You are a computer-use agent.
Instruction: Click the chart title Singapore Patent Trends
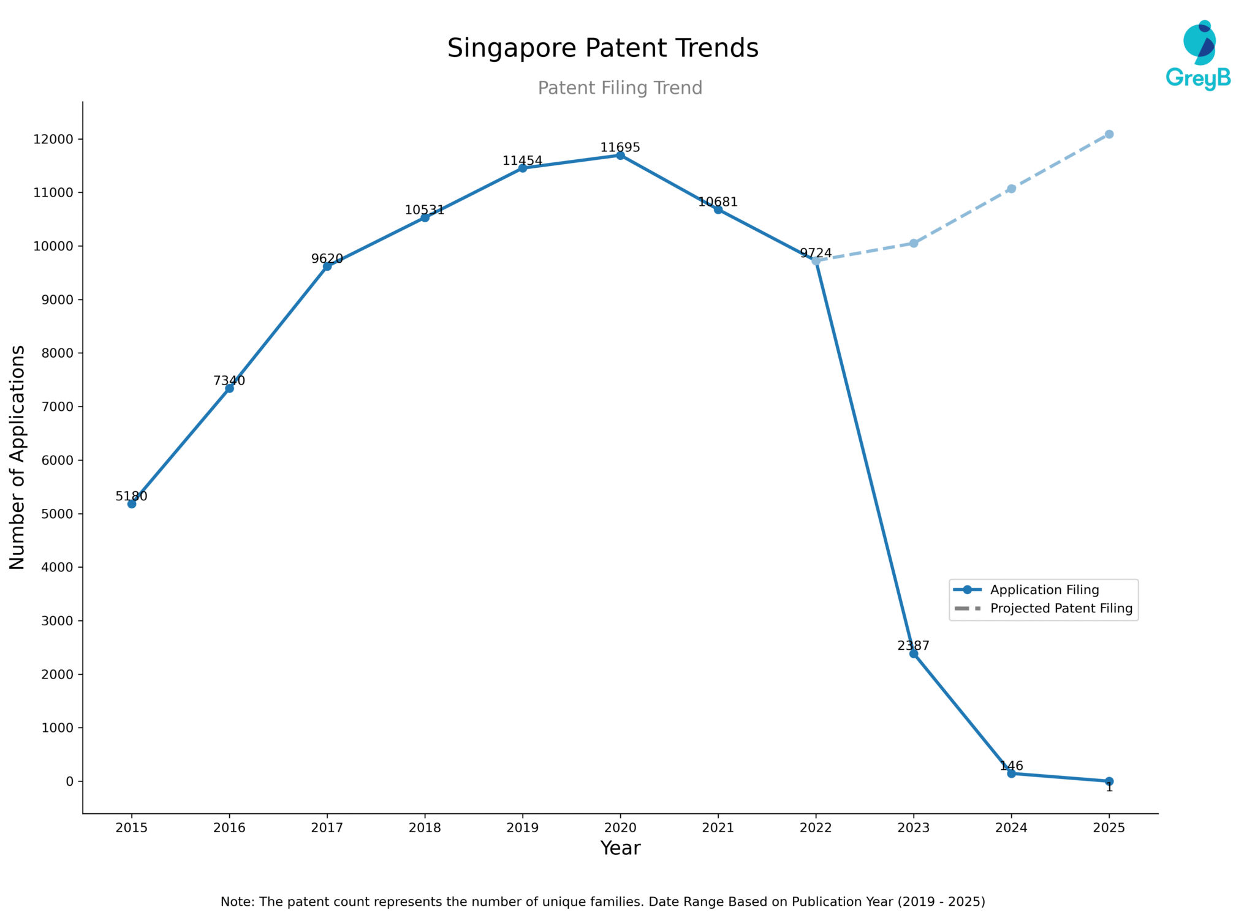click(x=602, y=48)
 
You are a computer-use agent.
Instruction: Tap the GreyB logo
click(x=1198, y=55)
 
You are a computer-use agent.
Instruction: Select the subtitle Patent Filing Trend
click(x=620, y=88)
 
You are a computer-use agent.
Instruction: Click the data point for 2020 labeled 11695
click(x=620, y=156)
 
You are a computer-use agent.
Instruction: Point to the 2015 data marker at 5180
click(x=132, y=503)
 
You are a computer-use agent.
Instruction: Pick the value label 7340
click(x=229, y=381)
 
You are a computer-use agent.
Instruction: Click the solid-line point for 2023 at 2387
click(x=913, y=653)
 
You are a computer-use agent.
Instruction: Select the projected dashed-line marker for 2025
click(x=1109, y=134)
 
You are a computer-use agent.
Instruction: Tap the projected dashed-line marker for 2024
click(x=1011, y=189)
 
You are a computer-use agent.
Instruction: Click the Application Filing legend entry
click(x=1044, y=590)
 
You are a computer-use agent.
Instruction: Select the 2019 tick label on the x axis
click(x=522, y=828)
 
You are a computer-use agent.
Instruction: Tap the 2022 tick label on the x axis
click(x=816, y=828)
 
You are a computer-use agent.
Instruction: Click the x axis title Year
click(x=620, y=848)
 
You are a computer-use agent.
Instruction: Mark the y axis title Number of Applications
click(x=18, y=457)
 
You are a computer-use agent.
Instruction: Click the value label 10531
click(x=424, y=210)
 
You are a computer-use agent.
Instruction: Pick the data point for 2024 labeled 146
click(x=1011, y=773)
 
